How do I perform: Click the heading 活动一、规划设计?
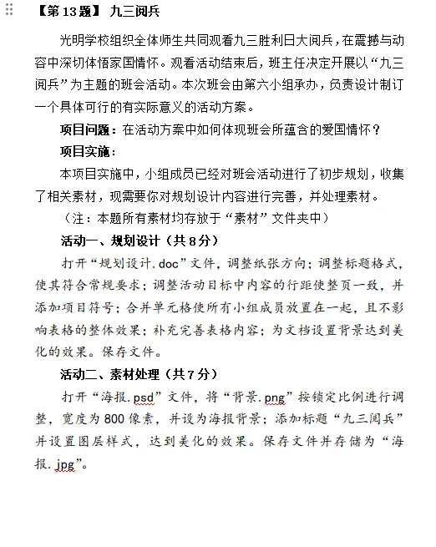click(112, 241)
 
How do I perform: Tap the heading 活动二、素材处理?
click(112, 372)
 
